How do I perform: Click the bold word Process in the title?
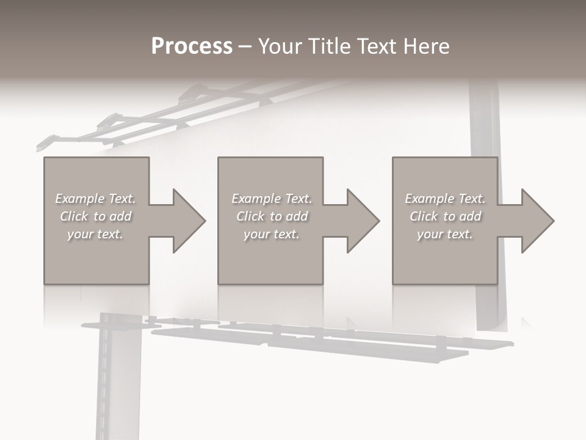pos(192,46)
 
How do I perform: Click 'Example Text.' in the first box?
pos(95,199)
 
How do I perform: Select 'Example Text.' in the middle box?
pos(272,199)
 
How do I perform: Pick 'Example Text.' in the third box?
pos(445,199)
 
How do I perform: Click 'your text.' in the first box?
pos(95,234)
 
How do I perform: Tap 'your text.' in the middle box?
pos(272,234)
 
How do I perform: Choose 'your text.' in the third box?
pos(445,234)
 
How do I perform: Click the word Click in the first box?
pos(74,216)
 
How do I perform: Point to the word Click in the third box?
pos(424,216)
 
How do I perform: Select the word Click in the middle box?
pos(250,216)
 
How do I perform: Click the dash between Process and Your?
pos(245,46)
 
